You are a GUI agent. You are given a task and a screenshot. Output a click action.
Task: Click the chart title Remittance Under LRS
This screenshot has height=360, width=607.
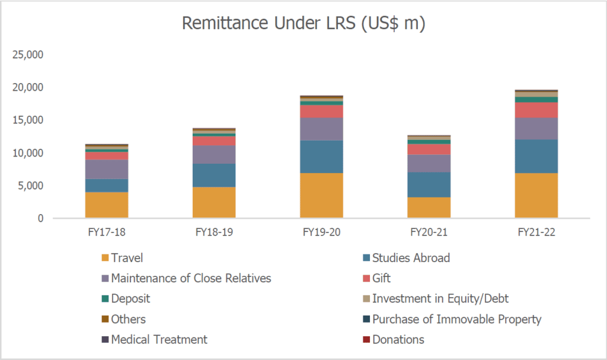pos(303,24)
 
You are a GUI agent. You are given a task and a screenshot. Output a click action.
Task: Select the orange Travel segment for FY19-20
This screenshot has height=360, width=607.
pos(321,196)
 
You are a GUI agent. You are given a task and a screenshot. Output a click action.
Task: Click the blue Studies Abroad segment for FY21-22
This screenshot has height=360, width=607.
pos(536,156)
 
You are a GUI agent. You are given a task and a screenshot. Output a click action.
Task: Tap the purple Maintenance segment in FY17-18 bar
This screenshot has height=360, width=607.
pos(107,169)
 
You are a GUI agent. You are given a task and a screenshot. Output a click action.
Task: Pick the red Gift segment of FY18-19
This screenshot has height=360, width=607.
pos(214,141)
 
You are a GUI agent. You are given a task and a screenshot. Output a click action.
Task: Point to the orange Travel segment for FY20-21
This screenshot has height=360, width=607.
pos(429,208)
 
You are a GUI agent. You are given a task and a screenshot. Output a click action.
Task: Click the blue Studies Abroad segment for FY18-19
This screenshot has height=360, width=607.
pos(214,175)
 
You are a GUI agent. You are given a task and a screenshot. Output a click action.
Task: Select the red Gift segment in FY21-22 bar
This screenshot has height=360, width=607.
pos(536,110)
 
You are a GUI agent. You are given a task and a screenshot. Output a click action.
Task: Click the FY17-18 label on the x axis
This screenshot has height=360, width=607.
pos(107,232)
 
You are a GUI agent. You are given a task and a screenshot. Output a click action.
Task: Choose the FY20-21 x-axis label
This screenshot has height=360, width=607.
pos(429,232)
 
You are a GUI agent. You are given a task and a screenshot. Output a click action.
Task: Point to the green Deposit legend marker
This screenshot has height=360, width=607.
pos(106,299)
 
